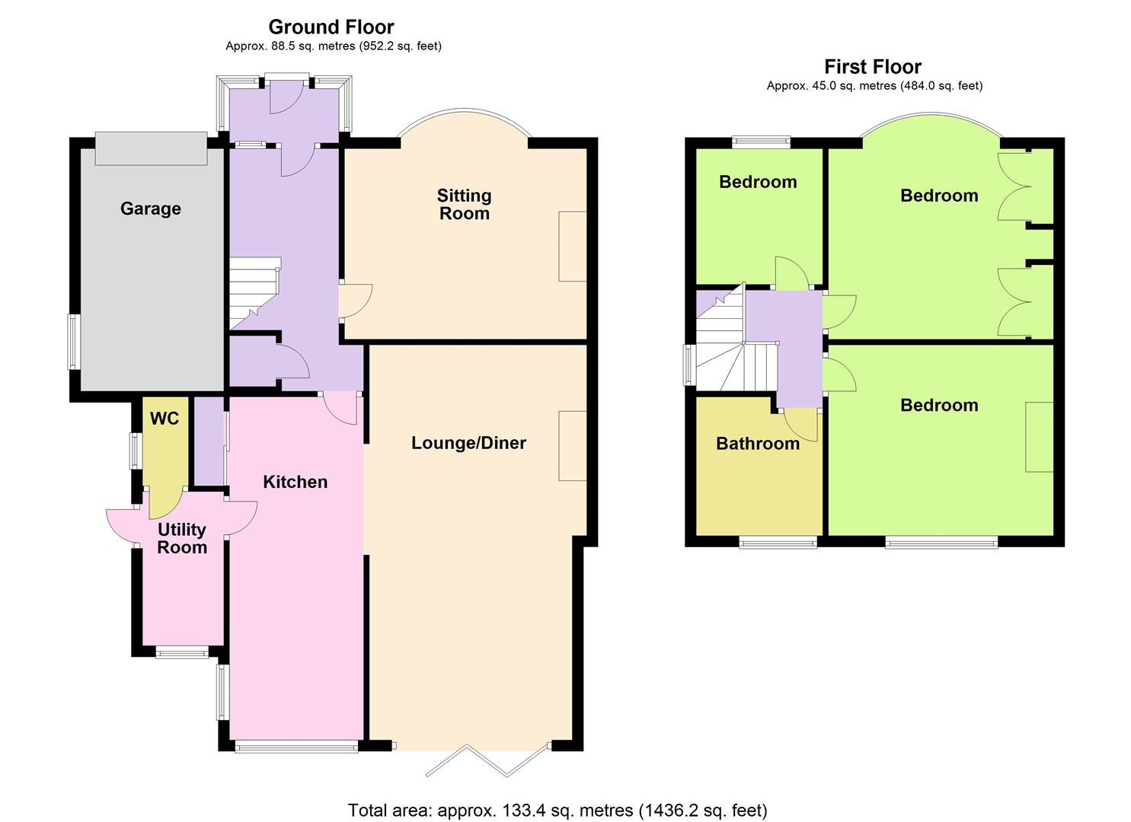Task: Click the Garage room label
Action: (x=150, y=209)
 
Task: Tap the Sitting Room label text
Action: (x=464, y=205)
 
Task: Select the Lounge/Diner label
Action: (x=468, y=443)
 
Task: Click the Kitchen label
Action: (x=295, y=482)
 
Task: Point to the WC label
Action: (x=165, y=418)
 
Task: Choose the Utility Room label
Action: (x=182, y=538)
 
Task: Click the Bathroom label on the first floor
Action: (x=757, y=444)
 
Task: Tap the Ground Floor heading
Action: (x=331, y=27)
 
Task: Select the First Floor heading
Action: (x=873, y=67)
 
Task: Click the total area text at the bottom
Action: (x=558, y=810)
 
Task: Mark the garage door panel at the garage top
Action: (x=151, y=148)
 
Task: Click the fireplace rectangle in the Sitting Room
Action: (x=573, y=247)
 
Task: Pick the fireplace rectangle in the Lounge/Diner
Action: (x=573, y=446)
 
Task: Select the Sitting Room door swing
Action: (x=356, y=301)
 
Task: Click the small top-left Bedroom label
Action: (x=757, y=182)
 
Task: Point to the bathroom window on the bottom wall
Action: (x=778, y=542)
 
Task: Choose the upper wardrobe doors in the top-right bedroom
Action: (x=1013, y=186)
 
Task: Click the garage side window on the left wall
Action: (x=74, y=342)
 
